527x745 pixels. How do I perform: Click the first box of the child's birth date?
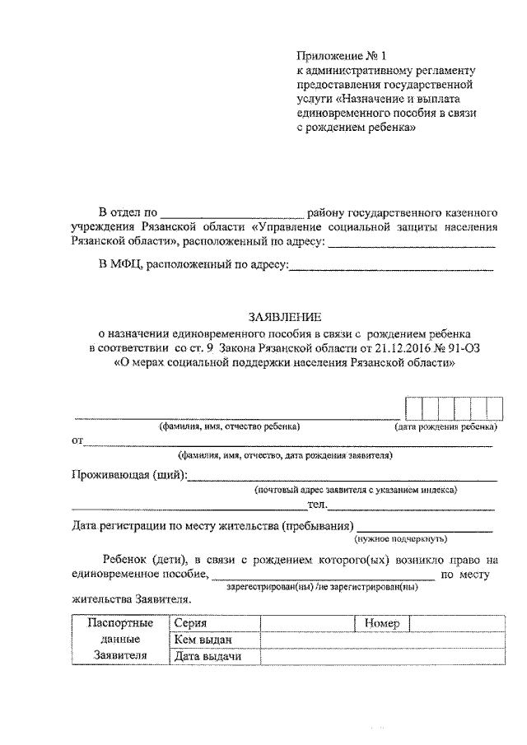(x=413, y=408)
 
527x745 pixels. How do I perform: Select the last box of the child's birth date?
(x=494, y=408)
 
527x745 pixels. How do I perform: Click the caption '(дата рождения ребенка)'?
(x=445, y=427)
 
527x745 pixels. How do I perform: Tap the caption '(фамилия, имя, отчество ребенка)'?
(x=230, y=427)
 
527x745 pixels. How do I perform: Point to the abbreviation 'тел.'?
(x=319, y=505)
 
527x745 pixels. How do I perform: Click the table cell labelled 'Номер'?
(x=382, y=623)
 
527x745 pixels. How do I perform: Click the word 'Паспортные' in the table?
(x=120, y=623)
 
